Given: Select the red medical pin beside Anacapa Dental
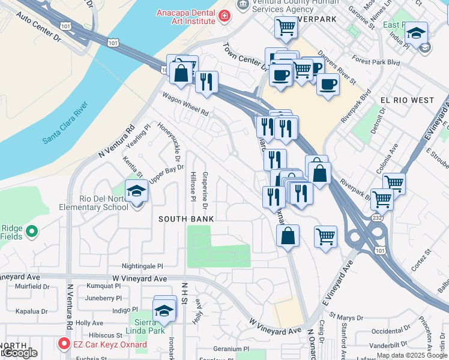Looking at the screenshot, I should [224, 16].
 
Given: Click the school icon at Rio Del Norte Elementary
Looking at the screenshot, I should [136, 192].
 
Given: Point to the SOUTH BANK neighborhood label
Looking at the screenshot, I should [186, 219].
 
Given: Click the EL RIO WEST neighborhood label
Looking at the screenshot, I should [406, 100].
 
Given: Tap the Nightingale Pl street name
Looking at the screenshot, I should [142, 265].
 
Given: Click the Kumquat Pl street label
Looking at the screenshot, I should [104, 287].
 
